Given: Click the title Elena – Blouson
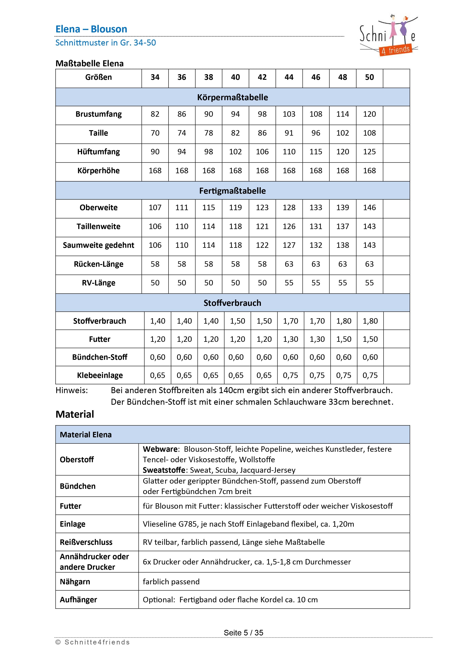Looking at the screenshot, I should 91,29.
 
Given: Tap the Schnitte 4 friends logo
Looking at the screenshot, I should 388,36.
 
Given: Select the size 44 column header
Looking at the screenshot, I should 289,77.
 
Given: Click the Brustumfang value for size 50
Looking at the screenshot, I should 369,114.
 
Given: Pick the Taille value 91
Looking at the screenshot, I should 289,133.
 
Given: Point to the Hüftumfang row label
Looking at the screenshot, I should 99,152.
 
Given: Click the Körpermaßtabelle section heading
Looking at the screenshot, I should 232,97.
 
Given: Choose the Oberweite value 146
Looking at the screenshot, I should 369,208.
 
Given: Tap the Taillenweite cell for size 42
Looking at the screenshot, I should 262,227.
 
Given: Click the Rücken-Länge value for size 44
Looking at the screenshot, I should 289,264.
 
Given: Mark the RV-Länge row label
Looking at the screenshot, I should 99,283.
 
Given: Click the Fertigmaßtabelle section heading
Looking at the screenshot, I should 232,191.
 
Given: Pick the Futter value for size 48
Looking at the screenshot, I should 344,339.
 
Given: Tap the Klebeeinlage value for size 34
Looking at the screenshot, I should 157,376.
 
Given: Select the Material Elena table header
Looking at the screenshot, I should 86,435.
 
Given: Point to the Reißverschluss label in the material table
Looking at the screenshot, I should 86,542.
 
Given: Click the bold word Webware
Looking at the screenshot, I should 161,449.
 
